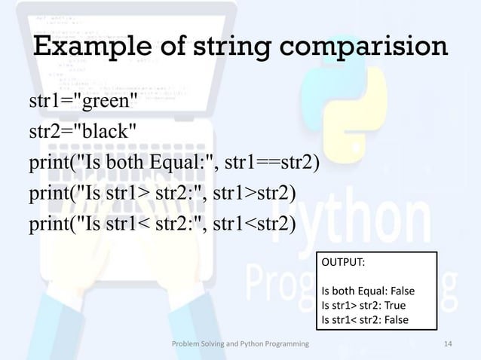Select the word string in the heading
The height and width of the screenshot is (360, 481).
(225, 48)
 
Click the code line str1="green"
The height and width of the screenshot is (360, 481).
(83, 102)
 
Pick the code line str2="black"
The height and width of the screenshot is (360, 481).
(83, 132)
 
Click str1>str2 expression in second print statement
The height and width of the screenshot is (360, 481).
(254, 194)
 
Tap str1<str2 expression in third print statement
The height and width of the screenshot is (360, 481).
(254, 224)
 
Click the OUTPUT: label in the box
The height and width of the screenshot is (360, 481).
(343, 264)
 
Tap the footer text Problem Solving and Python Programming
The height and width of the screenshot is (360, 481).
(240, 345)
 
